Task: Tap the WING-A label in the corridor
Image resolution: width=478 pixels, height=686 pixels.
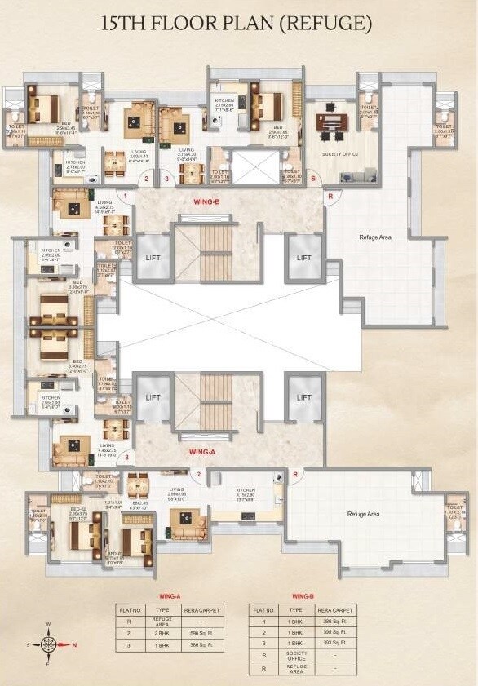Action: pos(201,451)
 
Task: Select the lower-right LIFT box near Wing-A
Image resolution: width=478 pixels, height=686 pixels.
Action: pos(303,397)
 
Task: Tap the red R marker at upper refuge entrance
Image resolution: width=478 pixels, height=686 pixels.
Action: pos(330,197)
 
